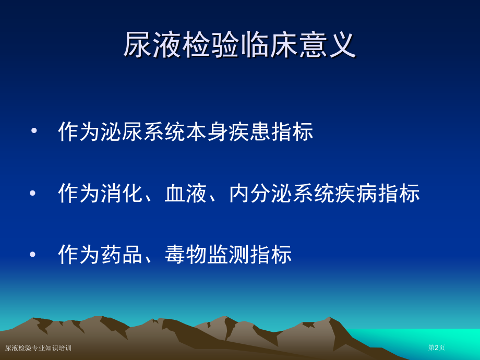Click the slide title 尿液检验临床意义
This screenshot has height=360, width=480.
(x=239, y=45)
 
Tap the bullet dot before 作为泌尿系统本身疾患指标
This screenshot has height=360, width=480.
(x=34, y=131)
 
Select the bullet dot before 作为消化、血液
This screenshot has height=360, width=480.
(x=33, y=193)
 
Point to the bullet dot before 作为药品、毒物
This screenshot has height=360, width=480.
(x=33, y=255)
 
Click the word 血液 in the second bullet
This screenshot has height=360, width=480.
(x=186, y=193)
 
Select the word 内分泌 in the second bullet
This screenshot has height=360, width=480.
(x=260, y=193)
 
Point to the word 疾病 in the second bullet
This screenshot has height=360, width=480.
(x=356, y=193)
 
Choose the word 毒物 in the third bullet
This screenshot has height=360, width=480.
(x=186, y=255)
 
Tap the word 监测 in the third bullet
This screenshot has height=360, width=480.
(x=229, y=255)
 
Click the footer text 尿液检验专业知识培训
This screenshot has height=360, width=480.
(x=38, y=348)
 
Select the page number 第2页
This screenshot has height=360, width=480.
(x=437, y=347)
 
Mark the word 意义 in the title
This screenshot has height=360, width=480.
(x=327, y=45)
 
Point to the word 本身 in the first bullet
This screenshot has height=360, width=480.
(x=207, y=132)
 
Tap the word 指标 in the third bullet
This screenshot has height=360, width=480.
(x=271, y=255)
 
